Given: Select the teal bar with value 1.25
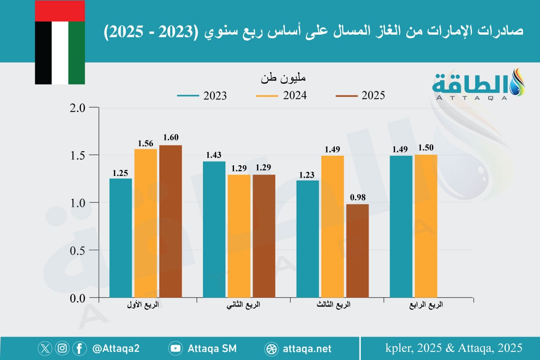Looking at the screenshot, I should pyautogui.click(x=121, y=238).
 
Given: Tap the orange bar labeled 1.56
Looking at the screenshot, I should pyautogui.click(x=145, y=223).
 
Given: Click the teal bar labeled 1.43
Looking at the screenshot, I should pyautogui.click(x=214, y=229).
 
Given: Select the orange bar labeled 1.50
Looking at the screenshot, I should pyautogui.click(x=426, y=226).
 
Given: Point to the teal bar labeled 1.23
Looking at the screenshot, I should pyautogui.click(x=307, y=239).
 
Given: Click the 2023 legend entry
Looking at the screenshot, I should pyautogui.click(x=202, y=96).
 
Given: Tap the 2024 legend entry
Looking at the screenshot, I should pyautogui.click(x=281, y=96).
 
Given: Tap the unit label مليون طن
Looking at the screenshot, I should pyautogui.click(x=283, y=78).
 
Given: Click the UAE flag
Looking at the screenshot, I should pyautogui.click(x=60, y=43).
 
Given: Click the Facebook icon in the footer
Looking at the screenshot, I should pyautogui.click(x=79, y=348).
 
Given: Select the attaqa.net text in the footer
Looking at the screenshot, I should pyautogui.click(x=307, y=348).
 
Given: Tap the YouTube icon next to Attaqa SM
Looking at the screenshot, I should pyautogui.click(x=175, y=348).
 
